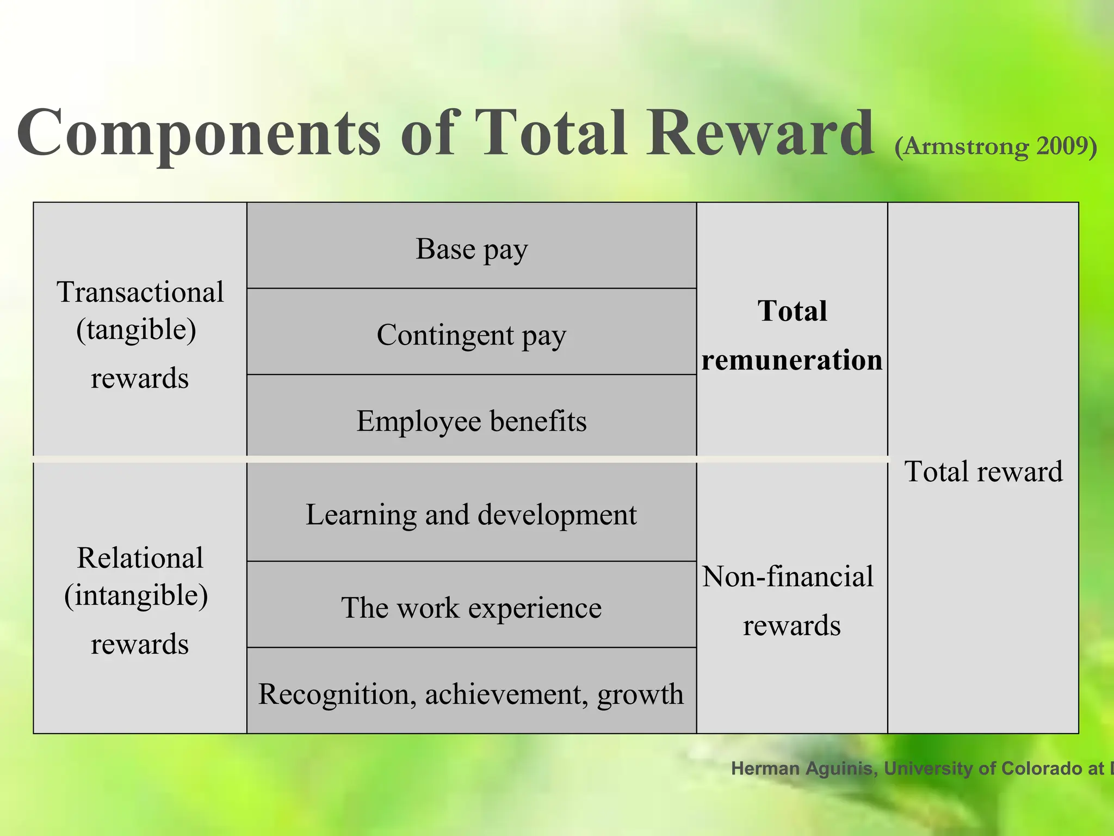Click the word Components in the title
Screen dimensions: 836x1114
pos(199,133)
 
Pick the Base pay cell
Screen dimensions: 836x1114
pos(472,249)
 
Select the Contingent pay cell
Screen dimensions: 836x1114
pos(472,335)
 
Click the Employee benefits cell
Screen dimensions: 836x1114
pos(472,421)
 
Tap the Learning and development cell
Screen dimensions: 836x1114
pos(472,514)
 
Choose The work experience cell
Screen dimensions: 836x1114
pos(472,607)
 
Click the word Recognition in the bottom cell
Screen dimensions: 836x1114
pos(333,694)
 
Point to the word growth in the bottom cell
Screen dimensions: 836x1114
pos(640,695)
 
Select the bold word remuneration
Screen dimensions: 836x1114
pos(791,360)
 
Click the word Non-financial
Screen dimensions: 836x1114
pos(788,576)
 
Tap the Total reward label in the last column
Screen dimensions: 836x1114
pos(983,471)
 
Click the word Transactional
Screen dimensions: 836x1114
pos(140,292)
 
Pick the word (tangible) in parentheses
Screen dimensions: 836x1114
pos(137,330)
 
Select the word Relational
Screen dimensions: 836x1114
pos(140,558)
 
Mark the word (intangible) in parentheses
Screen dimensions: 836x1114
pos(137,595)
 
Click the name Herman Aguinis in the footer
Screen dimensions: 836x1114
pos(803,769)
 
